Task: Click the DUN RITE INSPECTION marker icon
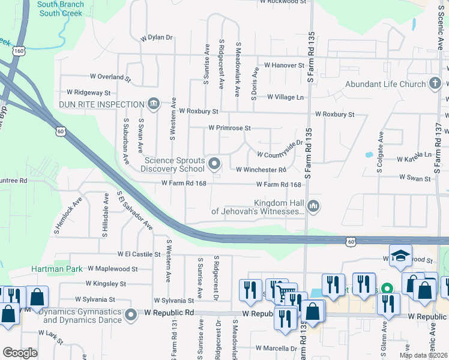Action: [x=153, y=104]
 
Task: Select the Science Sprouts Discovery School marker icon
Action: [x=214, y=163]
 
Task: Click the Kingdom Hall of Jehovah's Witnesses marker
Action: [x=313, y=207]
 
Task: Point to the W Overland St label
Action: [x=110, y=77]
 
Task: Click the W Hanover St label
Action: [x=285, y=65]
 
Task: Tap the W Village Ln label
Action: [x=286, y=97]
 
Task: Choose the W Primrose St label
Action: [x=229, y=128]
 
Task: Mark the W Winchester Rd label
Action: [x=261, y=170]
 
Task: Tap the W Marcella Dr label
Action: [x=277, y=348]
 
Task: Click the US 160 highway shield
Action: [x=21, y=51]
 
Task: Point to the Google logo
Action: [x=20, y=353]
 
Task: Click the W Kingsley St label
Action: [x=106, y=283]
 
